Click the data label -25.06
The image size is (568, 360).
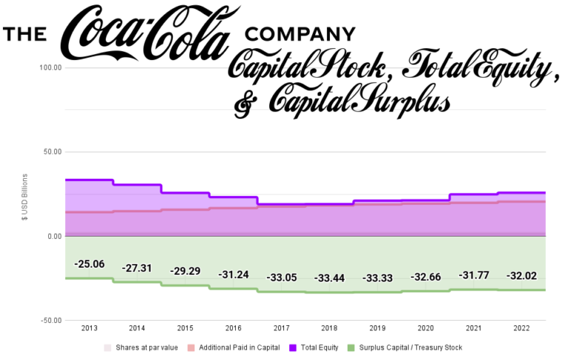pyautogui.click(x=89, y=264)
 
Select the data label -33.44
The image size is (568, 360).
pyautogui.click(x=330, y=278)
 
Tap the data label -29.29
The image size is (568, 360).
pyautogui.click(x=186, y=271)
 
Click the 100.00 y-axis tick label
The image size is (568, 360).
pyautogui.click(x=50, y=68)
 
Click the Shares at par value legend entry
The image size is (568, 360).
pyautogui.click(x=142, y=347)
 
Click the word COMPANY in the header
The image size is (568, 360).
pyautogui.click(x=300, y=34)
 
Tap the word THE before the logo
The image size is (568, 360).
pyautogui.click(x=26, y=35)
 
